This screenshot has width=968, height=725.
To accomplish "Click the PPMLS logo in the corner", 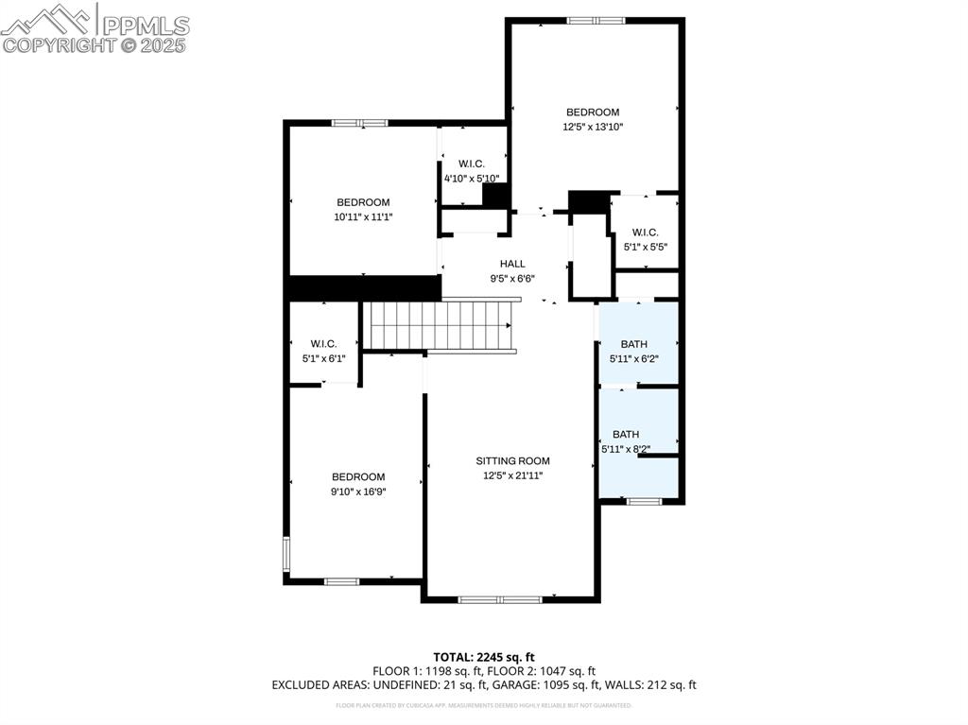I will coord(95,27).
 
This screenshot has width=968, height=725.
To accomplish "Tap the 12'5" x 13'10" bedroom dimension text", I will coord(593,127).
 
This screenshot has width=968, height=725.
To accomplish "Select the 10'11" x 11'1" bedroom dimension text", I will coord(363,216).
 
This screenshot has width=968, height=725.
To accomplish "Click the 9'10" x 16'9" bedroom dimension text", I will coord(358,492).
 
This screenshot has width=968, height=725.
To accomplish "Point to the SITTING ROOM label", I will coord(512,461).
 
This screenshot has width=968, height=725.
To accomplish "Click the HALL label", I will coord(512,265).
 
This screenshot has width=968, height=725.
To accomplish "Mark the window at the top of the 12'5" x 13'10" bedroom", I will coord(596,20).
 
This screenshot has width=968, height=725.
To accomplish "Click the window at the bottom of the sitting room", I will coord(500,599).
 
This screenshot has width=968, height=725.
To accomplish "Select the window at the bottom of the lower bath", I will coord(645,501).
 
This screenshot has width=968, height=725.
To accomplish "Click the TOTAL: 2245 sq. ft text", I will coord(484,657).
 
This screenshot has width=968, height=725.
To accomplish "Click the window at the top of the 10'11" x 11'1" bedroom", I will coord(359,122).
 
